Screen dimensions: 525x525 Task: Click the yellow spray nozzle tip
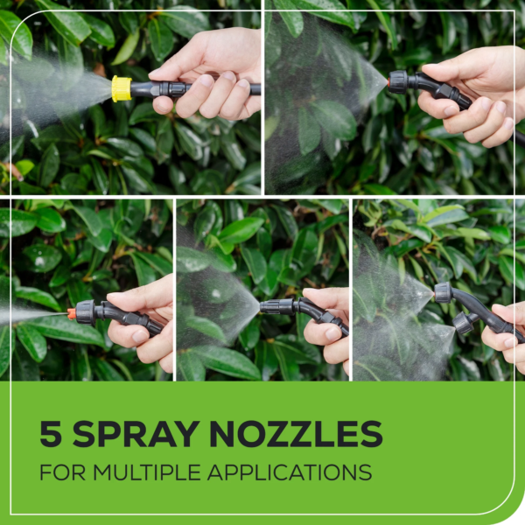122,88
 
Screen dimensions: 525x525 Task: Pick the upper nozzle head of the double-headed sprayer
443,293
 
